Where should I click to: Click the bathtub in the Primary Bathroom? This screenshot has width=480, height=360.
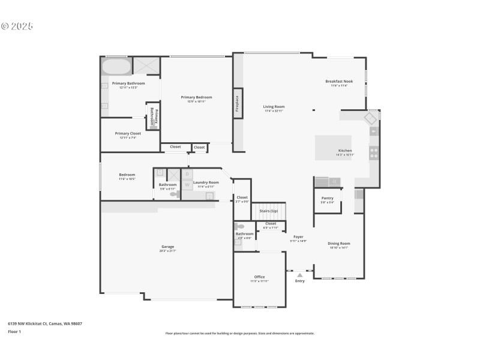(116, 66)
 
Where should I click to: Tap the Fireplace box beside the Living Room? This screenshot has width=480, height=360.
(238, 104)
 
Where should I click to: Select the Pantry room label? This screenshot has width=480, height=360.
(327, 198)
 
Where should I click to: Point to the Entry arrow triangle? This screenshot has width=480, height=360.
(300, 275)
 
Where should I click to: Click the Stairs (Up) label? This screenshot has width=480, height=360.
(268, 211)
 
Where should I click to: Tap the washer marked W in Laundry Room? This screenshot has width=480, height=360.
(187, 185)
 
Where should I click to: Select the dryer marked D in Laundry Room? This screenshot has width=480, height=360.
(187, 174)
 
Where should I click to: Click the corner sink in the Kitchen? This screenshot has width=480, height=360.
(371, 118)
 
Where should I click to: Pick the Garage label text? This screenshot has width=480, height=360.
(167, 247)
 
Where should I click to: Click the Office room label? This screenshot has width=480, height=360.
(259, 277)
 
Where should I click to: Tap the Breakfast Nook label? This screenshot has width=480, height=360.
(339, 81)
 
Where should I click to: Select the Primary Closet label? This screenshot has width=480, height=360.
(128, 133)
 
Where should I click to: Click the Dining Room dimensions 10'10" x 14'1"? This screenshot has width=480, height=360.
(339, 247)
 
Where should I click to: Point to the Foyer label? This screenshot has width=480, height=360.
(298, 236)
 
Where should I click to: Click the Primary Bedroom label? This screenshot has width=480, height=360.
(197, 97)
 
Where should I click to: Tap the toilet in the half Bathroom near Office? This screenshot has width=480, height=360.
(240, 227)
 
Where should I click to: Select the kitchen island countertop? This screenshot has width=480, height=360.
(334, 147)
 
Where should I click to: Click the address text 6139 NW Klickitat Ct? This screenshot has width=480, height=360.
(44, 323)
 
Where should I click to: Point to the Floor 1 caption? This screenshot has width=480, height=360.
(14, 331)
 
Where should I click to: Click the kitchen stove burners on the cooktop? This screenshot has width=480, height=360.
(374, 153)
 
